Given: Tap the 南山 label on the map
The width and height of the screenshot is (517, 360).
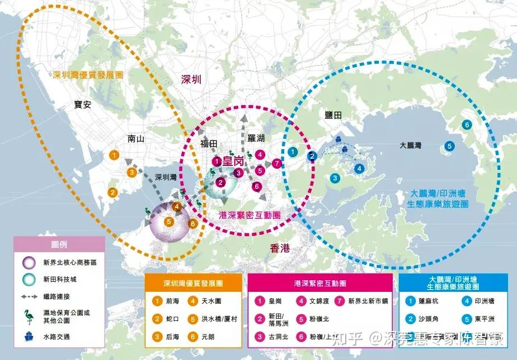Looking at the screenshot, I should (136, 139).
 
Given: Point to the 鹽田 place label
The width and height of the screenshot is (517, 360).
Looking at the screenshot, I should (333, 115).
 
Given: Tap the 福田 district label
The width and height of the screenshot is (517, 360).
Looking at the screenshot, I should (209, 144).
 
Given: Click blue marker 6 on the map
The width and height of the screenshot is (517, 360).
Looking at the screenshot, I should (466, 125).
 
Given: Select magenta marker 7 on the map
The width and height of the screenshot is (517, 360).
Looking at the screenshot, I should (276, 164).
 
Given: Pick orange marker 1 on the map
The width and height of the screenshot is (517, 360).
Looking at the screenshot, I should (114, 154).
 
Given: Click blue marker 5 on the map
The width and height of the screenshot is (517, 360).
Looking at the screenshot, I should (449, 146).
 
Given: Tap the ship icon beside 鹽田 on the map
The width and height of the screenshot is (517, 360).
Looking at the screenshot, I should (339, 139).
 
